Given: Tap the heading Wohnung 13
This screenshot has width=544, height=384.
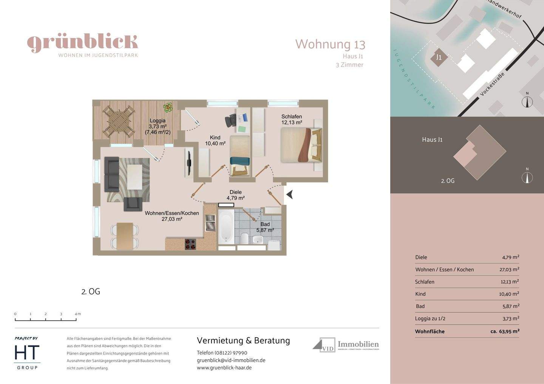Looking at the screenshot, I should (x=330, y=44).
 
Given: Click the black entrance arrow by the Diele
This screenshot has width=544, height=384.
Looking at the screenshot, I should (x=289, y=195).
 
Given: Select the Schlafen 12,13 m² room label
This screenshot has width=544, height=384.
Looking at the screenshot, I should (x=291, y=120).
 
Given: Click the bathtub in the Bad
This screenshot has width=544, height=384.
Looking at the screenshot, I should (x=226, y=227).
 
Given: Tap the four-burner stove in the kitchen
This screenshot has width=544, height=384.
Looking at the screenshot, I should (x=190, y=244).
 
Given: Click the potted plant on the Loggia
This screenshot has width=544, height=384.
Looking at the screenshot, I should (x=168, y=108).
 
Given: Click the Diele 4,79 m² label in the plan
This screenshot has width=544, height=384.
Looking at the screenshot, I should (x=235, y=195).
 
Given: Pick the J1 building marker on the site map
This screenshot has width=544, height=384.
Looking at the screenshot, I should (x=439, y=58).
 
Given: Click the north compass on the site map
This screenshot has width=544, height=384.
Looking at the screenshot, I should (x=527, y=101).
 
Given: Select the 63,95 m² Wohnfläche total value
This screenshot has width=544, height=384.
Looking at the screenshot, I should (x=505, y=332).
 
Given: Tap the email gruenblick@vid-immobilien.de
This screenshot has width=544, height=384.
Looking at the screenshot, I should (x=231, y=360).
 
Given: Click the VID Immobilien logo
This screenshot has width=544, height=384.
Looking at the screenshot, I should (x=346, y=345).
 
